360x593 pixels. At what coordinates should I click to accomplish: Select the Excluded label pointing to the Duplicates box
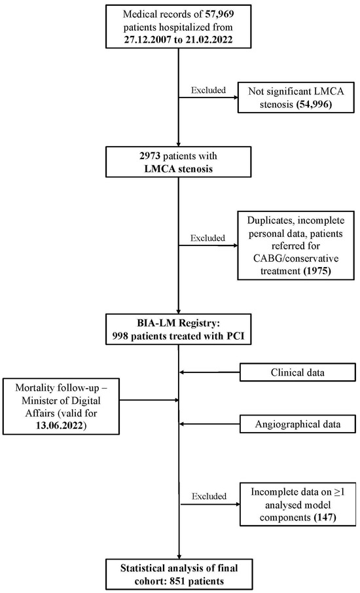(x=206, y=239)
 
